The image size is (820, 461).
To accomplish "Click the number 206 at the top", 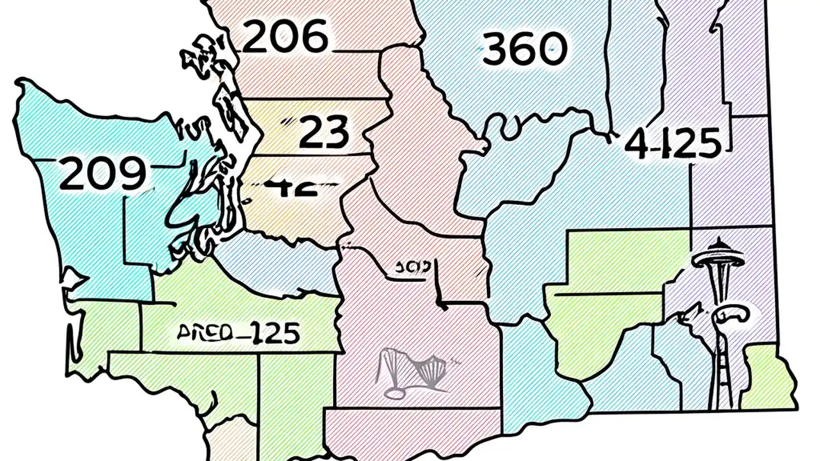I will pos(286,37).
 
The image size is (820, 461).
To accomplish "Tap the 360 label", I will pos(525,49).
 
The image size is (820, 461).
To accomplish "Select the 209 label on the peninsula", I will pos(102,174).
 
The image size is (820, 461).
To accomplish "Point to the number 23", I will pos(324,133).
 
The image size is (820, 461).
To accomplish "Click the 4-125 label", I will pos(673,143).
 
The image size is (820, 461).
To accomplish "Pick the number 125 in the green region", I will pos(274,333).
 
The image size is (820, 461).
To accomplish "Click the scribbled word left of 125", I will pos(204,333).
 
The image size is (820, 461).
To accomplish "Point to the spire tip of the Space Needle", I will pos(718,240).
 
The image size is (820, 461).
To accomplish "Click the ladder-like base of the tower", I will pos(721,378).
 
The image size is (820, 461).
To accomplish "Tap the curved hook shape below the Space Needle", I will pos(730,315).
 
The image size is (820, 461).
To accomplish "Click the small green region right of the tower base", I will pos(769,378).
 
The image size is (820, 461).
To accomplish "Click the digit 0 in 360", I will pos(552,49).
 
